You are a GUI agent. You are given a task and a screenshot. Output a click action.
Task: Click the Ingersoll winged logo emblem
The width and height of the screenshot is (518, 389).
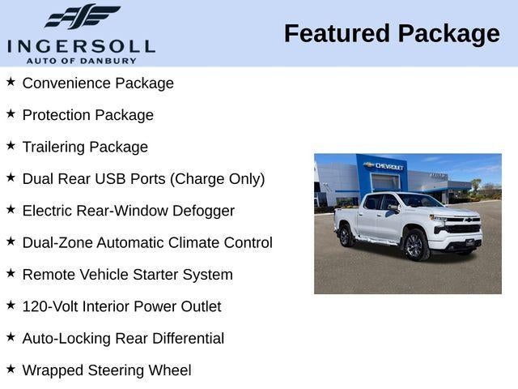coord(82,16)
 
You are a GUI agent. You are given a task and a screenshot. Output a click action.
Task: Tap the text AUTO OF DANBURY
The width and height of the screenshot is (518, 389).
coord(81,60)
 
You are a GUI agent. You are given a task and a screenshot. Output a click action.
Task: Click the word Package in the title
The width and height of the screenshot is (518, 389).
coord(450,34)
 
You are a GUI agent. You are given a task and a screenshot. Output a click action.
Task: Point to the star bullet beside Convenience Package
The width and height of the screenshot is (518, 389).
coord(11,82)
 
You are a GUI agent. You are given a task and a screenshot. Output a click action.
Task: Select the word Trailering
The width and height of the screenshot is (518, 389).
coord(53,147)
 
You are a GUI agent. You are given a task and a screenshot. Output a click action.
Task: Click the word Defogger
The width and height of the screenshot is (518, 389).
coord(202,211)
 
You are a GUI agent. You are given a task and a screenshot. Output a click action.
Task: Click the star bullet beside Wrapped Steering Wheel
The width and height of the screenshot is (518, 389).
coord(11,369)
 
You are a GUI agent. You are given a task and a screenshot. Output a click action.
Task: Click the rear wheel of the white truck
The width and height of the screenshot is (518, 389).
coord(346,236)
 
